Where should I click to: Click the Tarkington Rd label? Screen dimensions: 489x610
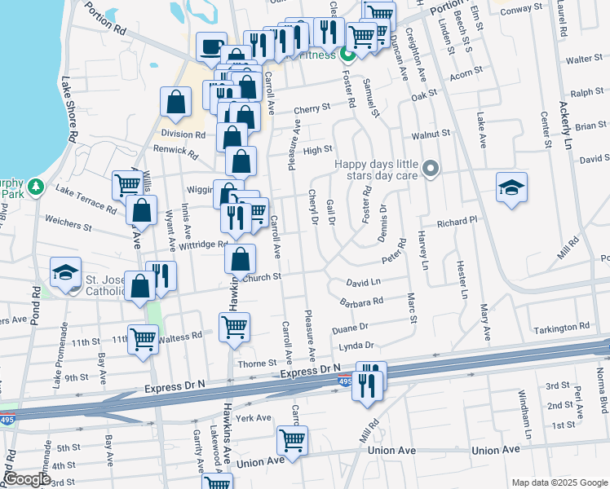[562, 328]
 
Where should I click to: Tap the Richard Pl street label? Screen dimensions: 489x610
[456, 222]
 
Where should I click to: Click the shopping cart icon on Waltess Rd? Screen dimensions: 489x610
[144, 338]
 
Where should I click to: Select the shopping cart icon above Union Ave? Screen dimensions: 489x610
[292, 440]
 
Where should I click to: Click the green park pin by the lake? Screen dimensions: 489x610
[34, 187]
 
